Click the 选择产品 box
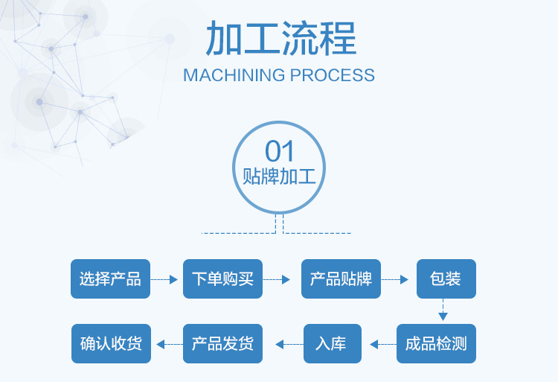pyautogui.click(x=110, y=279)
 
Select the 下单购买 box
pyautogui.click(x=222, y=279)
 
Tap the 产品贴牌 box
pyautogui.click(x=341, y=279)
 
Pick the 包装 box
pyautogui.click(x=446, y=279)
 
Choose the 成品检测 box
pyautogui.click(x=436, y=343)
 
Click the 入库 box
pyautogui.click(x=332, y=343)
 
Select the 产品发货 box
pyautogui.click(x=222, y=343)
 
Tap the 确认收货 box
pyautogui.click(x=111, y=343)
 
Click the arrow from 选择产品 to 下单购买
pyautogui.click(x=165, y=280)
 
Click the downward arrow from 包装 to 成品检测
pyautogui.click(x=444, y=309)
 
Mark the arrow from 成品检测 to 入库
pyautogui.click(x=382, y=344)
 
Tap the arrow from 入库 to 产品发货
pyautogui.click(x=289, y=344)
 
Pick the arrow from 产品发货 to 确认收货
pyautogui.click(x=167, y=344)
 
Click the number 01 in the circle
pyautogui.click(x=280, y=152)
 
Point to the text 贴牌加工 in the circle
pyautogui.click(x=280, y=178)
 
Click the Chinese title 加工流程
pyautogui.click(x=279, y=39)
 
